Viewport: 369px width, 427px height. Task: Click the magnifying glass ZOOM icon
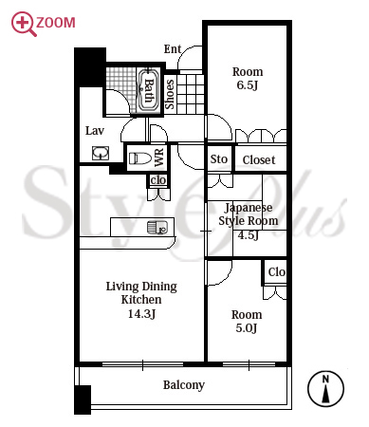[23, 23]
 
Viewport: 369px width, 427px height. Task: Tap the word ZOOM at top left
[56, 23]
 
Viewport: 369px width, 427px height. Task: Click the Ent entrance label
[173, 49]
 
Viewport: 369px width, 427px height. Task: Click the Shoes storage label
[170, 94]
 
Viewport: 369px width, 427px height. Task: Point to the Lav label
[95, 130]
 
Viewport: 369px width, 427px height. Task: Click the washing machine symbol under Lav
[101, 153]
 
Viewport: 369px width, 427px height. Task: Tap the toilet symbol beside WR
[140, 158]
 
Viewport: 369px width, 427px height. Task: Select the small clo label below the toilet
[158, 180]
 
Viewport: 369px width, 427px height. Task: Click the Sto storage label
[219, 159]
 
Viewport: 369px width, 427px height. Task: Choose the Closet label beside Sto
[259, 159]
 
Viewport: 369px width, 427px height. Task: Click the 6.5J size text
[248, 85]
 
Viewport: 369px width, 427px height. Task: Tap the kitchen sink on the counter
[157, 227]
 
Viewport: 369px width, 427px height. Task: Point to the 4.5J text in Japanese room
[249, 235]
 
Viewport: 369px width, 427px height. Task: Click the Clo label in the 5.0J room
[277, 271]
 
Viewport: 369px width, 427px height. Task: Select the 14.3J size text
[141, 313]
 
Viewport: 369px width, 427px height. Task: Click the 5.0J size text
[247, 328]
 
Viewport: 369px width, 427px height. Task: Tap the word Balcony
[184, 385]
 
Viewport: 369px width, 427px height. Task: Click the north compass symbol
[325, 389]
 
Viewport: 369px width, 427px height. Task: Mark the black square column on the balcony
[83, 399]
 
